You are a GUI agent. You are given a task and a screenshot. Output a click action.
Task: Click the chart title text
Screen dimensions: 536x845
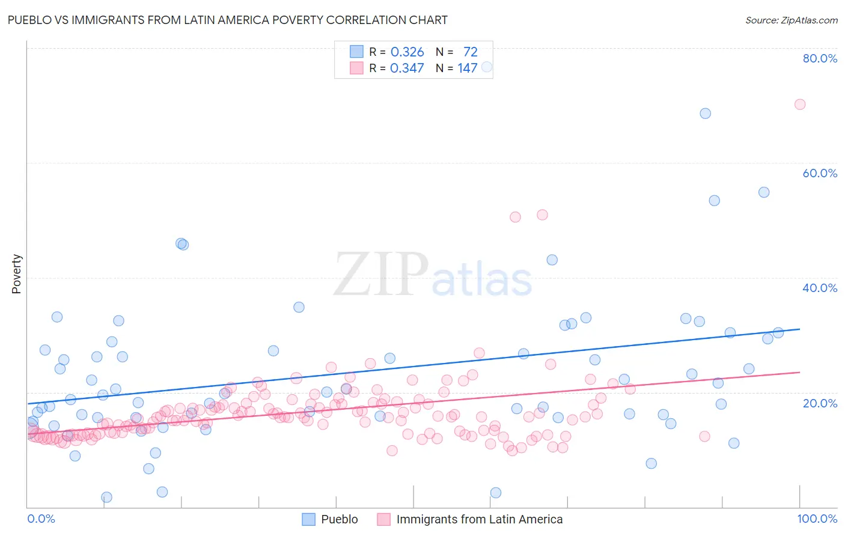tap(227, 20)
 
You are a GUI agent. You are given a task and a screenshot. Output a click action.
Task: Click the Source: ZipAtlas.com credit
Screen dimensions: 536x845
tap(791, 20)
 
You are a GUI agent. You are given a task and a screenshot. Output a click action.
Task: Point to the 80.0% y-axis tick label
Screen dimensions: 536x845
tap(820, 58)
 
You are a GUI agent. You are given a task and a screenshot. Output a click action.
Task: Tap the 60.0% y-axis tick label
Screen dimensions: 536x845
tap(820, 173)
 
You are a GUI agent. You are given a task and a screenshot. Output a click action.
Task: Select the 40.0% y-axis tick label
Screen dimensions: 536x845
tap(820, 288)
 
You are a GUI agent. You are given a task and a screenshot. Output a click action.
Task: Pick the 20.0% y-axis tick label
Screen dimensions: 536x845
tap(820, 403)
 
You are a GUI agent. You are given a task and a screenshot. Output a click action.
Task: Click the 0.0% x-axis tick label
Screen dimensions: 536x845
tap(41, 519)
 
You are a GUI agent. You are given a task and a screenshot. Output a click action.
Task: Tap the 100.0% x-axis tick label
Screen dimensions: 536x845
tap(817, 519)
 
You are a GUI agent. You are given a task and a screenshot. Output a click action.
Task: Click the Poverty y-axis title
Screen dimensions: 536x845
tap(16, 274)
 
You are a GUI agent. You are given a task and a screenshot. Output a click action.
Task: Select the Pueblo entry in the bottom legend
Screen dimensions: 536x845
tap(339, 519)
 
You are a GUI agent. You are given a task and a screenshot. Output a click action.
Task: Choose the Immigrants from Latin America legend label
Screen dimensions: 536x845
tap(479, 519)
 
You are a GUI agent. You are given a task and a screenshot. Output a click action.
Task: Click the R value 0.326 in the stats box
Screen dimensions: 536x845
tap(407, 52)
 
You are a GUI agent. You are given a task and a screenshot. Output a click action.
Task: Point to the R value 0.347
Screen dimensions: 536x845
tap(407, 69)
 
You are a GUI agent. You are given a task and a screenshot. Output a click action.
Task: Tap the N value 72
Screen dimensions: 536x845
tap(470, 52)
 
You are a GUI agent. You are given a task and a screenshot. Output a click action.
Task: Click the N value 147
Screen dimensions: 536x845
tap(467, 69)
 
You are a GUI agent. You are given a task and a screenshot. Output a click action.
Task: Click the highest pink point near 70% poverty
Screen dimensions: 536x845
tap(799, 104)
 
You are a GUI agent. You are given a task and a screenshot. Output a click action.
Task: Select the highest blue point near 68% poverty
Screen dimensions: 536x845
tap(705, 114)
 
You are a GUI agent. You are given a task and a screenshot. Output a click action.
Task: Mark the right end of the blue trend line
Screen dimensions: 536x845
tap(799, 329)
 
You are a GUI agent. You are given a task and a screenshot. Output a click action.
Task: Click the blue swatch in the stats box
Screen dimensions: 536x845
tap(357, 52)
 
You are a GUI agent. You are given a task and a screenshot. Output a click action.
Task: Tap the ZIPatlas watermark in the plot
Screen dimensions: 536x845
tap(433, 275)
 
